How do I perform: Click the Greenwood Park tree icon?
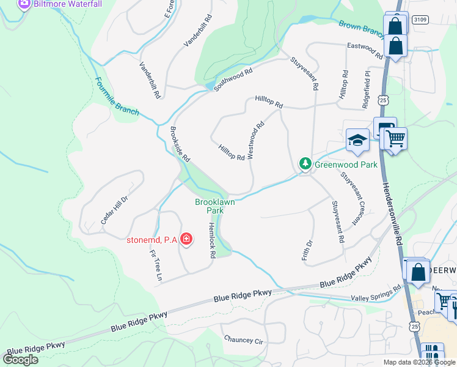coord(305,164)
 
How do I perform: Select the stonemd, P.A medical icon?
coord(186,239)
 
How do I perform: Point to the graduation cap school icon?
coord(357,141)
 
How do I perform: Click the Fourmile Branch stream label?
coord(116,97)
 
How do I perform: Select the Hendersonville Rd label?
coord(393,209)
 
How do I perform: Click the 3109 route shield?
coord(420,20)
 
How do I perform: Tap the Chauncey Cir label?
coord(243,339)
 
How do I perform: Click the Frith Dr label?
coord(307,250)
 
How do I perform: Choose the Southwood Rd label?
coord(233,80)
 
